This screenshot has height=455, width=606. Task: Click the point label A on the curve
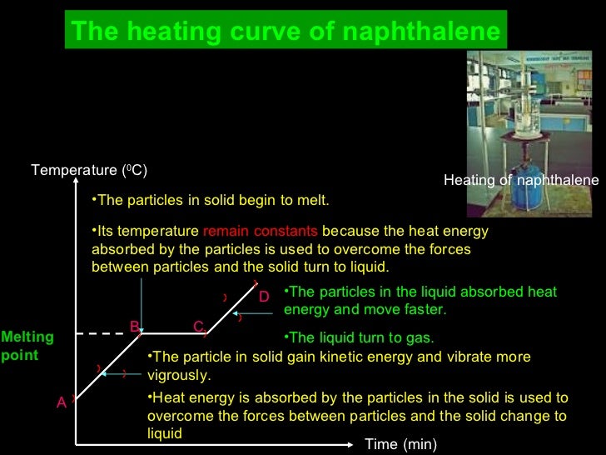pyautogui.click(x=61, y=402)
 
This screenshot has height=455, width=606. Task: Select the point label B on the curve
pyautogui.click(x=134, y=327)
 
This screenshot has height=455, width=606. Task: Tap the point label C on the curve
pyautogui.click(x=198, y=327)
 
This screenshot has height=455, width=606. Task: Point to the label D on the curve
pyautogui.click(x=264, y=297)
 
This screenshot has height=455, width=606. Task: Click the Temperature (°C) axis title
pyautogui.click(x=89, y=171)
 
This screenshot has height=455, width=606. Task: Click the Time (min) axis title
pyautogui.click(x=400, y=444)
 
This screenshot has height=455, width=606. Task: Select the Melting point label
pyautogui.click(x=27, y=346)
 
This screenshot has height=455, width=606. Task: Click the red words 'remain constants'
pyautogui.click(x=261, y=231)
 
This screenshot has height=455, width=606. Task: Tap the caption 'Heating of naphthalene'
pyautogui.click(x=521, y=180)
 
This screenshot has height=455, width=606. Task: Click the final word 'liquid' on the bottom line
pyautogui.click(x=165, y=433)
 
